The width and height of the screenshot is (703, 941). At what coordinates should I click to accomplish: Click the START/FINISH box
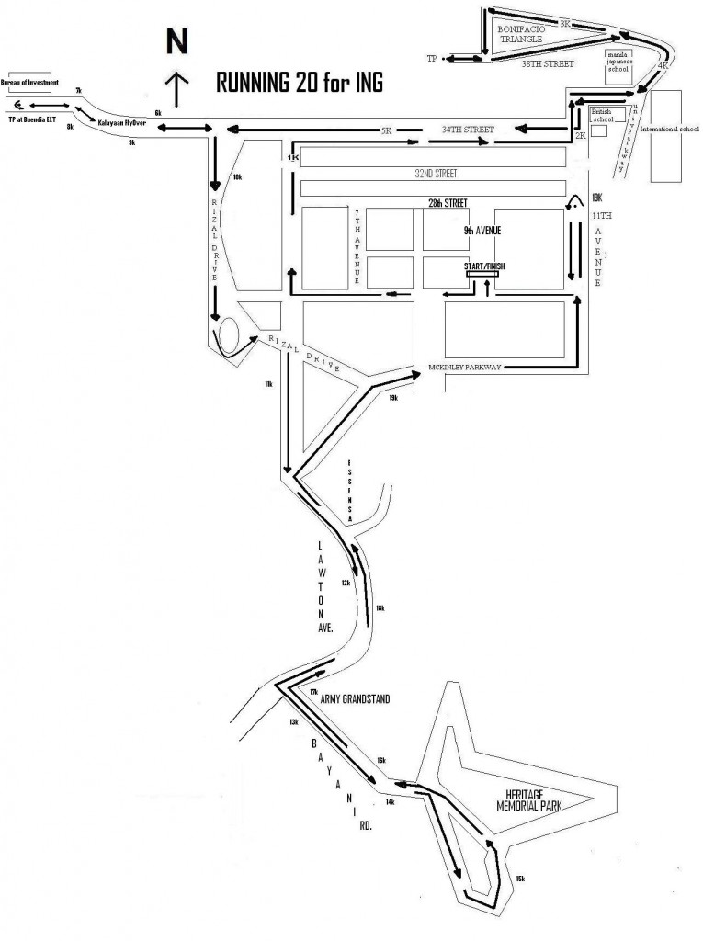485,270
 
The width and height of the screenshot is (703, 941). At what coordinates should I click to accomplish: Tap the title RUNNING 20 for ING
298,83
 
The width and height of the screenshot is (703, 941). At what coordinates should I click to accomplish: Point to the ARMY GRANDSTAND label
355,700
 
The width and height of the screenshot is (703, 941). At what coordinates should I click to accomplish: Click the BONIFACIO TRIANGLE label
522,34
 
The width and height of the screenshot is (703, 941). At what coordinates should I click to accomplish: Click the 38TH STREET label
548,64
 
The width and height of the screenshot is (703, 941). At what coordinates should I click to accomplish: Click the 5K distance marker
386,131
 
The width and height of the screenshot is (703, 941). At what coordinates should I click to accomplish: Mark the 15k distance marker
521,879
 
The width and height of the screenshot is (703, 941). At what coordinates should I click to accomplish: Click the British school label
603,114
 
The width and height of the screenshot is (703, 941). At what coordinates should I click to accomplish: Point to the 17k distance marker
313,692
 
